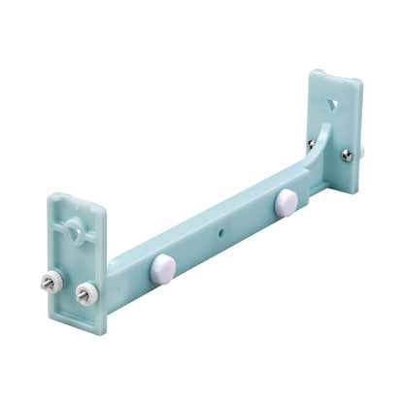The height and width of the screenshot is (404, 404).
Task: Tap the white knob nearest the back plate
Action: pos(286,202)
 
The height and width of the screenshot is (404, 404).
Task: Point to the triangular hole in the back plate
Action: pos(333,100)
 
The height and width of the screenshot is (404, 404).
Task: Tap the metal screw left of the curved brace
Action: pos(312,144)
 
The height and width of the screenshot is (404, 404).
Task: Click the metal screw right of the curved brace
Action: pos(348,154)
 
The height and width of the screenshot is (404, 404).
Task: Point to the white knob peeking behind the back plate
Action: pos(361,151)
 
